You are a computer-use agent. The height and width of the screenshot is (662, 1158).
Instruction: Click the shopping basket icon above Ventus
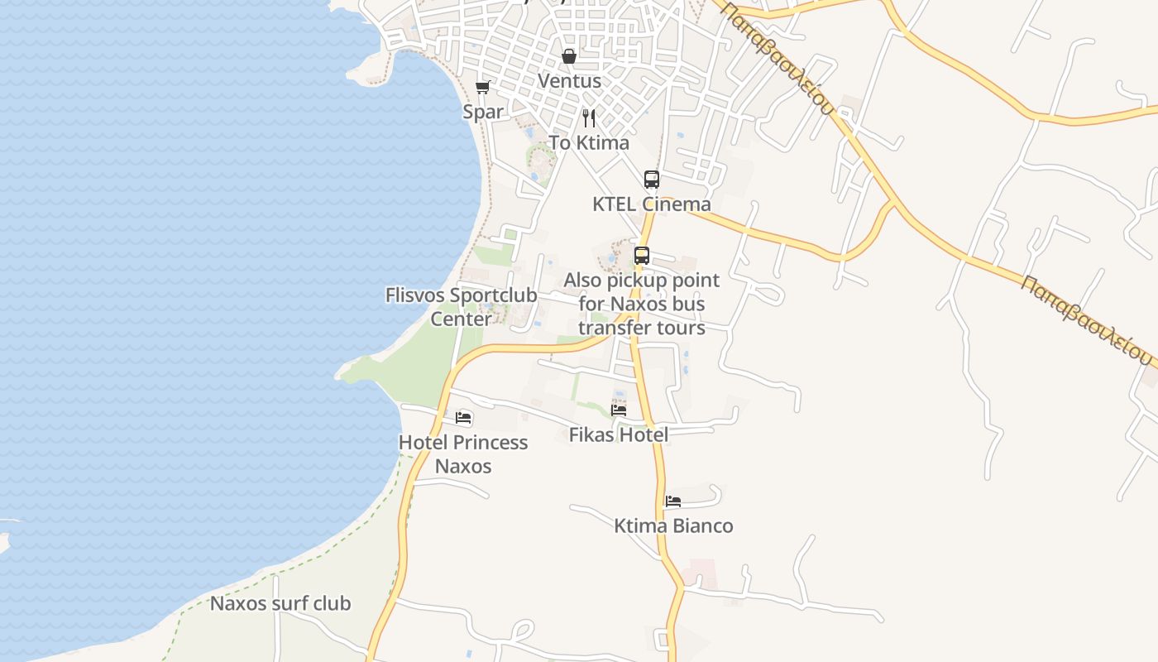(x=569, y=56)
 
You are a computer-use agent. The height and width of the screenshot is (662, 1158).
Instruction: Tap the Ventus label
(x=569, y=81)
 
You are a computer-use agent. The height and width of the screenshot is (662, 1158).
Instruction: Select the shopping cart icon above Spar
(x=482, y=87)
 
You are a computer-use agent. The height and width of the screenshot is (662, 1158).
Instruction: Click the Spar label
(x=483, y=112)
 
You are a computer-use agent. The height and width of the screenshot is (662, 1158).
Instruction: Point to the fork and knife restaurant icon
(x=589, y=118)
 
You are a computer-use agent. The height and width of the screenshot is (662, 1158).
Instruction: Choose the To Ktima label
(x=589, y=142)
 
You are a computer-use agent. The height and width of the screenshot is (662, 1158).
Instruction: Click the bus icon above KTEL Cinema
(x=652, y=179)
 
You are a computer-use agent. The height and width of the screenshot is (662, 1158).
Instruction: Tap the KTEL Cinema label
(x=652, y=204)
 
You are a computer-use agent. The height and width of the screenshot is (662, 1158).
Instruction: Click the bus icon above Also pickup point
(x=642, y=256)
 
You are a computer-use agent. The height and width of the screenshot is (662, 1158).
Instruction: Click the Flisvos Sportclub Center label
(x=461, y=306)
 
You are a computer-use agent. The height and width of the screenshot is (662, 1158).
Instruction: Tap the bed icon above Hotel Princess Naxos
(x=463, y=418)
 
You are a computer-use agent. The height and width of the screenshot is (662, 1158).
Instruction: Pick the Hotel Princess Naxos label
(x=463, y=453)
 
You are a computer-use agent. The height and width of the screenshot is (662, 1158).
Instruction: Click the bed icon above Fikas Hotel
(x=619, y=410)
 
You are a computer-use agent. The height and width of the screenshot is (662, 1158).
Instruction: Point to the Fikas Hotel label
(x=619, y=434)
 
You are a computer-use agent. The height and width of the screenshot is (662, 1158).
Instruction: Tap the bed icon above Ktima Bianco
(x=673, y=501)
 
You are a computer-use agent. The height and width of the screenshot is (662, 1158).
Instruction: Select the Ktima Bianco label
(x=673, y=525)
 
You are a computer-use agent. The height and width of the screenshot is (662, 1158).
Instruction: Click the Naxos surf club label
(x=280, y=603)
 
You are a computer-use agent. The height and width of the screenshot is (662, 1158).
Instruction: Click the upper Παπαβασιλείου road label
(x=777, y=56)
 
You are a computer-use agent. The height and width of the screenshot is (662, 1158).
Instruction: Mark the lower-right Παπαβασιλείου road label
(x=1087, y=319)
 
